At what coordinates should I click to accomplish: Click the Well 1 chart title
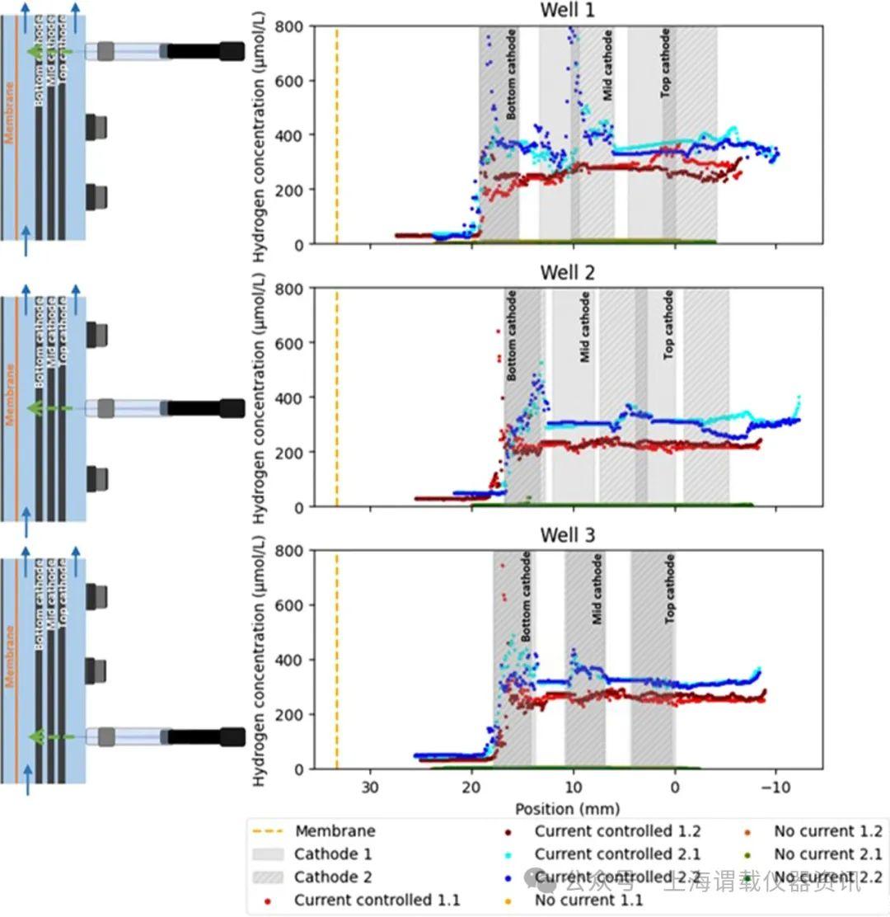coord(566,10)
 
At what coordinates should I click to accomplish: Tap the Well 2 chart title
coord(566,272)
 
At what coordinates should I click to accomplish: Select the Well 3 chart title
coord(566,535)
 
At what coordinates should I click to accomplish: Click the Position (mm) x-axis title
coord(567,808)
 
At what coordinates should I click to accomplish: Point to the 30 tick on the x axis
coord(370,786)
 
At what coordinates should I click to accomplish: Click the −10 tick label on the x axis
coord(775,786)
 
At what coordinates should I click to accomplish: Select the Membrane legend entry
coord(335,831)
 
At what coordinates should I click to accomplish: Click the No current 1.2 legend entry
coord(827,831)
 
